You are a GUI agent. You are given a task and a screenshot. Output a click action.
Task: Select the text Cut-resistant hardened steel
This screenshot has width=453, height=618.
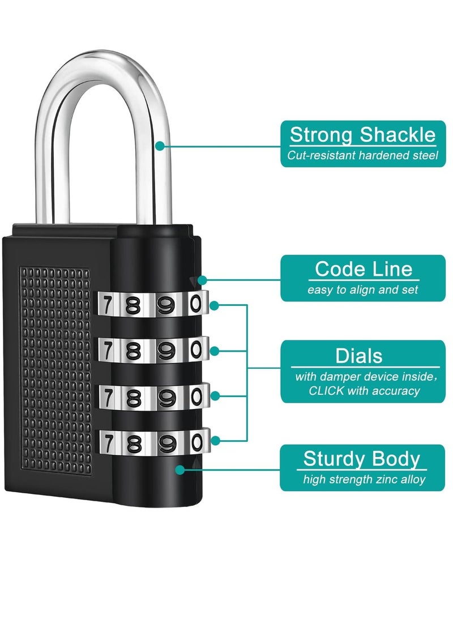pyautogui.click(x=362, y=155)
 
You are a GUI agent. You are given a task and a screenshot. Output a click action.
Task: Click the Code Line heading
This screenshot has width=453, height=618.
pyautogui.click(x=364, y=268)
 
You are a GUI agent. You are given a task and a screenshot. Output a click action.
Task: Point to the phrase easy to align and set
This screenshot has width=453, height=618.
pyautogui.click(x=363, y=289)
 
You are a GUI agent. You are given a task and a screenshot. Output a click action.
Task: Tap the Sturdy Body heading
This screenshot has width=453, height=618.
pyautogui.click(x=362, y=459)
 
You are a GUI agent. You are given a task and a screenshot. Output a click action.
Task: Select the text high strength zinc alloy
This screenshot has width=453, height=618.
pyautogui.click(x=364, y=480)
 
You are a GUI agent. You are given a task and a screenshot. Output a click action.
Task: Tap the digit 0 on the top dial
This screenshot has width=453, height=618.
pyautogui.click(x=196, y=304)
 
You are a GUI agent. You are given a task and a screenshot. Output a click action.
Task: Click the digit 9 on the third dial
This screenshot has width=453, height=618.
pyautogui.click(x=165, y=397)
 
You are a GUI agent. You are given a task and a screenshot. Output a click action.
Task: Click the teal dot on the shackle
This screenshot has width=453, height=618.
pyautogui.click(x=160, y=146)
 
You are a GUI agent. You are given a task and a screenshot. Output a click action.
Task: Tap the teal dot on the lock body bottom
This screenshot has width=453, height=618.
pyautogui.click(x=180, y=469)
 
